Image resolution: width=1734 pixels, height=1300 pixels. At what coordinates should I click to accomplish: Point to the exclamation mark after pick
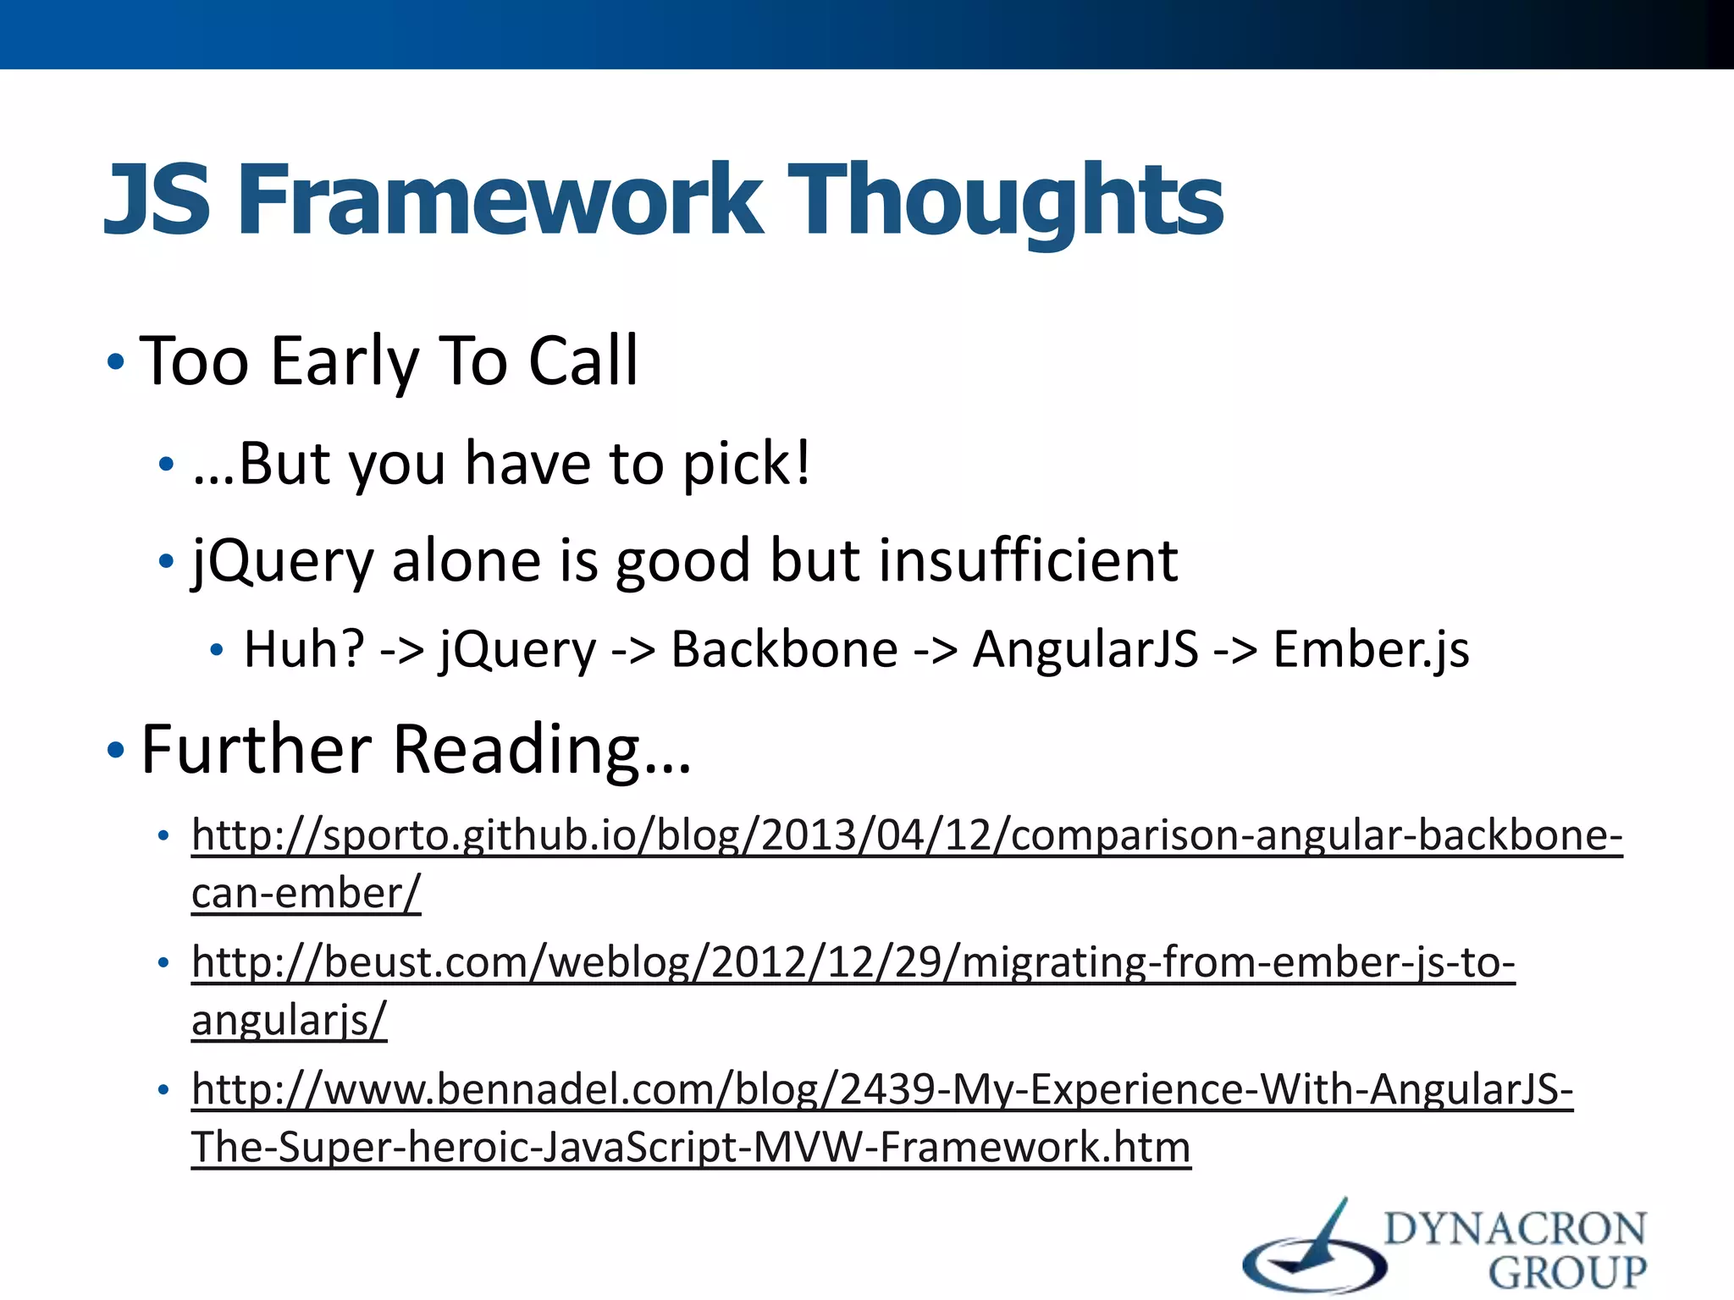801,463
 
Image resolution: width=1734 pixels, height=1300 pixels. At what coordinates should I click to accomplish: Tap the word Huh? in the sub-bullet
304,650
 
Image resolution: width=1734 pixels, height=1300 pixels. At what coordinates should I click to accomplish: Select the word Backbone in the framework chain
784,650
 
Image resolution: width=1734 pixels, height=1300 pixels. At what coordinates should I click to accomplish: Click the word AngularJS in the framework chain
1085,650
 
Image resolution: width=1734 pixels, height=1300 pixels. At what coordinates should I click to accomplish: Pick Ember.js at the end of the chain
1371,650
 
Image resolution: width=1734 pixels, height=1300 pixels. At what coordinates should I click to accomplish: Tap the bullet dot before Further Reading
116,750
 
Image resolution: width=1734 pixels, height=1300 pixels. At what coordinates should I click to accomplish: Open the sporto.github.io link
906,835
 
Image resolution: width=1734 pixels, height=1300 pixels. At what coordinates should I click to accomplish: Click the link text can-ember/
306,894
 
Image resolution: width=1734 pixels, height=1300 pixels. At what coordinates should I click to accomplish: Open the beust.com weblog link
853,962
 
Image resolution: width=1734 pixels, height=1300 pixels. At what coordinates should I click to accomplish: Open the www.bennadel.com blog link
881,1089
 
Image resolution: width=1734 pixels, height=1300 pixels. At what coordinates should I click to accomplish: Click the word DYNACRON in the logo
1515,1229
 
